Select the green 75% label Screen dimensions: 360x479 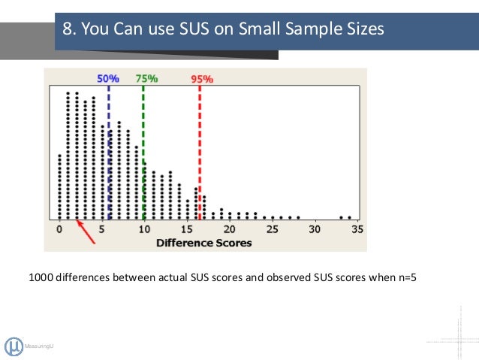(146, 77)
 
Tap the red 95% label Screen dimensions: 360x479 (203, 78)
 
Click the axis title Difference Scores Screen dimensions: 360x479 (203, 243)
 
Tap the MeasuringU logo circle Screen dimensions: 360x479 (14, 346)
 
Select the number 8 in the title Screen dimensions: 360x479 (68, 30)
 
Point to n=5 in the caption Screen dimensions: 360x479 (403, 277)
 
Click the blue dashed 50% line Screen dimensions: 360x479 (109, 150)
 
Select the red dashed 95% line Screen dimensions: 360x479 (200, 150)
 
